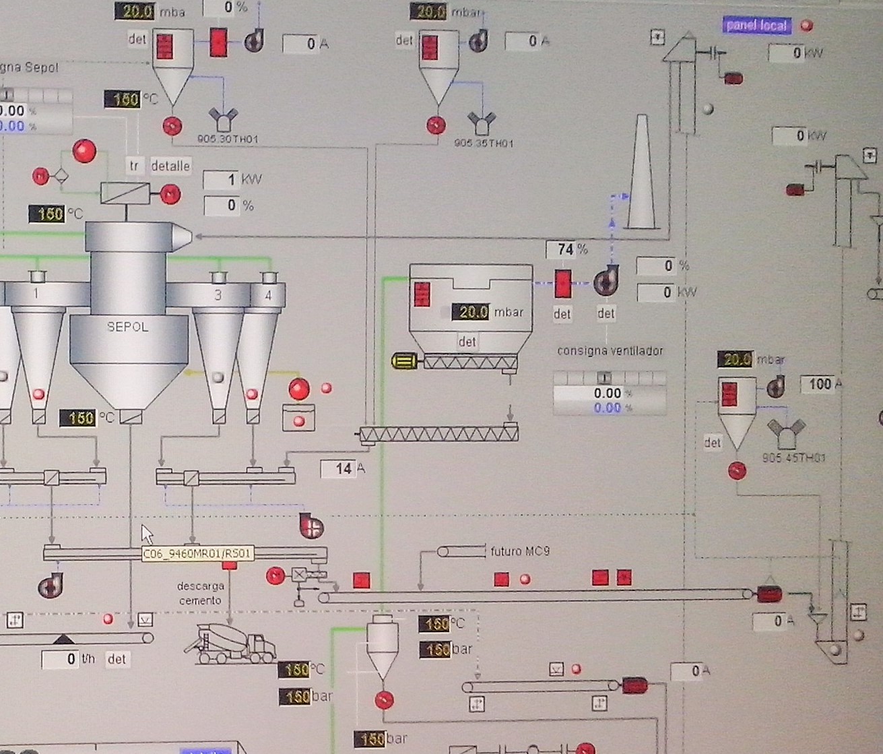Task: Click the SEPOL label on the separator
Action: [x=127, y=327]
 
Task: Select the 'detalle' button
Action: [x=170, y=166]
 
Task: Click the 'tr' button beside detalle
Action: [x=134, y=166]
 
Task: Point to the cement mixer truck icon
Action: [x=230, y=643]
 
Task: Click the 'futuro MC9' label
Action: [x=519, y=551]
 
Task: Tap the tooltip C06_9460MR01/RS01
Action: [x=197, y=554]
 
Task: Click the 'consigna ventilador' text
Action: [x=610, y=351]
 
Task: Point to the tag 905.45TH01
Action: [x=794, y=458]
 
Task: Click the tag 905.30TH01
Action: [x=228, y=139]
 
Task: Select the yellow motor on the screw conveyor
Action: [x=404, y=362]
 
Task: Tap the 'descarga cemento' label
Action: [x=200, y=593]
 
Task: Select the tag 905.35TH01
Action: [x=484, y=144]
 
